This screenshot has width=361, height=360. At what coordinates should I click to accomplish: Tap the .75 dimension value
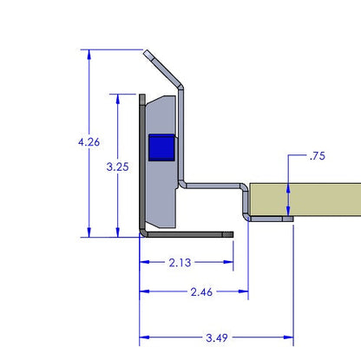point(318,157)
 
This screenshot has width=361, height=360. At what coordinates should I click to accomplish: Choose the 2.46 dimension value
point(200,292)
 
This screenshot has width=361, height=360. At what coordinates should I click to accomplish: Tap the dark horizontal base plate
point(187,233)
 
